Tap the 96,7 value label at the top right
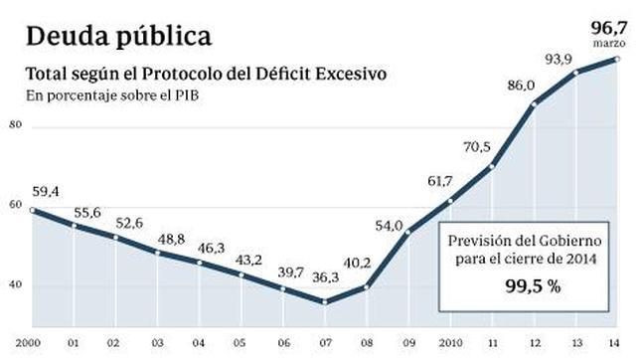[x=608, y=27]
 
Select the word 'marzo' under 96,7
[x=609, y=45]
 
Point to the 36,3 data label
[x=326, y=278]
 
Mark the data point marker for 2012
[x=535, y=104]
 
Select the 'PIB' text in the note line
[x=185, y=95]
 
